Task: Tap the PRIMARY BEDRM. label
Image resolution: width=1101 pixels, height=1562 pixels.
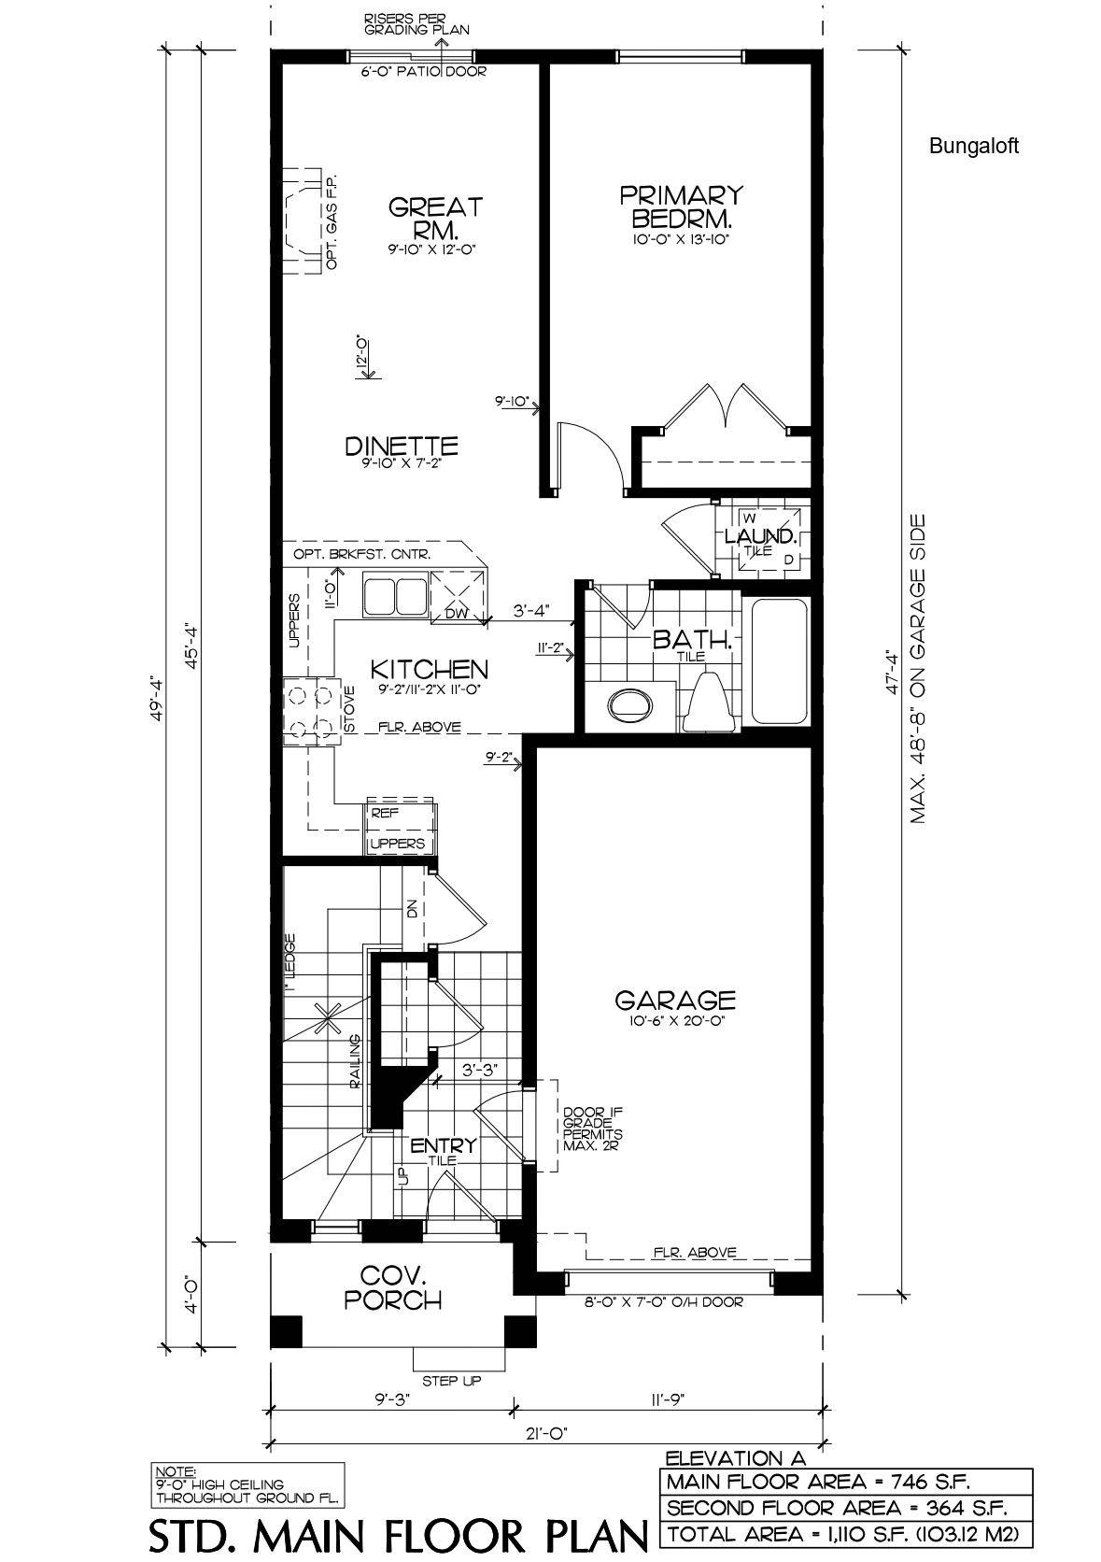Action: [681, 206]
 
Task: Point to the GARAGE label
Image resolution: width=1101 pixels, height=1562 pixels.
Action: [674, 1001]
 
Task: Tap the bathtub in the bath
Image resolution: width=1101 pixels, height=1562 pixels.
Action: [779, 660]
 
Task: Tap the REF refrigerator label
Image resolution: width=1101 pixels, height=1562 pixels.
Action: [384, 813]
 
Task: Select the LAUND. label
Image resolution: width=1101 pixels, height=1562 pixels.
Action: [761, 537]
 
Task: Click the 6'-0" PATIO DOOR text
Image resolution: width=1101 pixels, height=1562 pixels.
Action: [423, 72]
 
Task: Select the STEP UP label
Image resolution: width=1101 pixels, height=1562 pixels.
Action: [452, 1380]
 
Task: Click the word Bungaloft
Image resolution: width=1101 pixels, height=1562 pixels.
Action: [974, 146]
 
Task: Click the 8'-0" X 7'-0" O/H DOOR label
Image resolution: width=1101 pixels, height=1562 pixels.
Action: [669, 1301]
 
